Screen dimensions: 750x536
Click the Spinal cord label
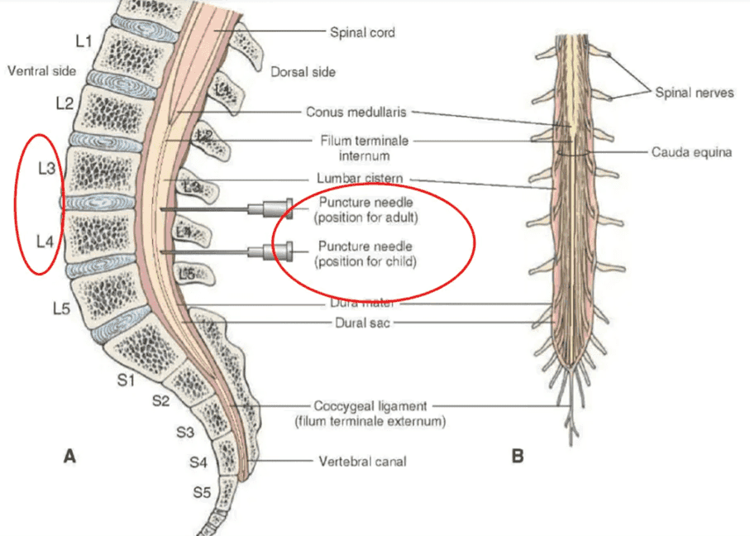(x=362, y=32)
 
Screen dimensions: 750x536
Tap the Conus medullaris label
(x=356, y=112)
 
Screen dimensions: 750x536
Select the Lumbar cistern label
(x=360, y=178)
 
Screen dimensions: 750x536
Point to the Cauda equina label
(x=691, y=152)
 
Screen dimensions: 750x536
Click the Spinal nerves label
(x=694, y=93)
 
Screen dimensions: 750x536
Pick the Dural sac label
(x=362, y=323)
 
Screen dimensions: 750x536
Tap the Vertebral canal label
(x=362, y=462)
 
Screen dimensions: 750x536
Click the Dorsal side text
(x=303, y=72)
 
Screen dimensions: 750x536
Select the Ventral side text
(x=41, y=71)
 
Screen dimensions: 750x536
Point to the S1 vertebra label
(x=126, y=380)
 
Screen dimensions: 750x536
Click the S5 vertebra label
(x=202, y=491)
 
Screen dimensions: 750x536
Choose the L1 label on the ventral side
(x=84, y=41)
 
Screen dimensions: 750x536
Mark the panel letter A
(x=69, y=457)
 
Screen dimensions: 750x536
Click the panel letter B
(x=518, y=456)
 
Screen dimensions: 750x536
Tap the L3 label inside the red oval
(x=47, y=169)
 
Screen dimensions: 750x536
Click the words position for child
(x=365, y=261)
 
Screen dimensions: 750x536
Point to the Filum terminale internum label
(x=365, y=148)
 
